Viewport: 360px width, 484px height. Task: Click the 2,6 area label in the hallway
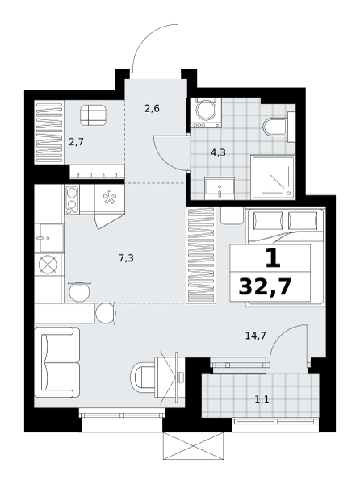pos(152,109)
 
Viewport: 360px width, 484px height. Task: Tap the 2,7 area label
pos(76,142)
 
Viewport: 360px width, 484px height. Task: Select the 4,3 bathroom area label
pos(218,152)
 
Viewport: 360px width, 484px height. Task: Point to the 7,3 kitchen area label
pos(126,258)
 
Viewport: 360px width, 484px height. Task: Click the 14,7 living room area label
pos(256,336)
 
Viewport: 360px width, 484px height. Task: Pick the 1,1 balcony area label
pos(262,400)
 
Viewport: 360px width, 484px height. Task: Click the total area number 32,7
pos(266,286)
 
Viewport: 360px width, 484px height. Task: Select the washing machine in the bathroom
pos(206,113)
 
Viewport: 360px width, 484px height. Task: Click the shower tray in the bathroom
pos(273,177)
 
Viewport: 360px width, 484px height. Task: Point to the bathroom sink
pos(220,189)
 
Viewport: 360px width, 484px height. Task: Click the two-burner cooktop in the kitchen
pos(72,199)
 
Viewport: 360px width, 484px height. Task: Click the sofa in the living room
pos(57,362)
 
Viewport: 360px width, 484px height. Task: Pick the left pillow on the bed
pos(268,220)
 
